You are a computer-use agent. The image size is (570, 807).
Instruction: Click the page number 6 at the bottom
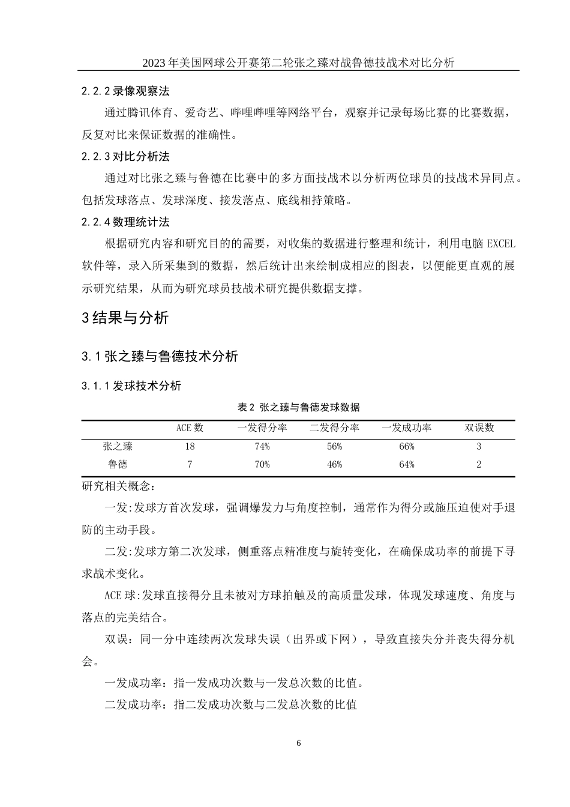click(x=299, y=743)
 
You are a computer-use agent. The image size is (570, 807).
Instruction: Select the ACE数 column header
click(x=190, y=428)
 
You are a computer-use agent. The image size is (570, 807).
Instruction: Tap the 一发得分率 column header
click(x=262, y=428)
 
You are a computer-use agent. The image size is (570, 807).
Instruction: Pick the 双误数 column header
click(x=479, y=428)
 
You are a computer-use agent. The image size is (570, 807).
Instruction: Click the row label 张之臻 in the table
click(x=118, y=446)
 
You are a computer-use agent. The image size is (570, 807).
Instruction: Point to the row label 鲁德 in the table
click(x=118, y=464)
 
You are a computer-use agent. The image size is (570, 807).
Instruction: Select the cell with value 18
click(x=190, y=446)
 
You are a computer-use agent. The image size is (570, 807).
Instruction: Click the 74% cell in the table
click(x=262, y=446)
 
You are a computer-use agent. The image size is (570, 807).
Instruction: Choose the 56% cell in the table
click(x=334, y=446)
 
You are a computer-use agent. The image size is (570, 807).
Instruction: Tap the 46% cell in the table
click(x=334, y=464)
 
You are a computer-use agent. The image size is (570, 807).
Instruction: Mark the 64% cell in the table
click(x=406, y=464)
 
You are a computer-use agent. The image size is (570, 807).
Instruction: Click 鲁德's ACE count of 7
click(x=190, y=464)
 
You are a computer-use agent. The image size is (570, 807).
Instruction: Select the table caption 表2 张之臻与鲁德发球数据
click(x=298, y=408)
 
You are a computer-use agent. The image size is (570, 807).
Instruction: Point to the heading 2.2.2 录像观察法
click(x=125, y=91)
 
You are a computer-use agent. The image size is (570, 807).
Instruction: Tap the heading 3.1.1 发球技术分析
click(x=131, y=386)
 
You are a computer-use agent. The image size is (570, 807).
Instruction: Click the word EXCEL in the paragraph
click(x=500, y=244)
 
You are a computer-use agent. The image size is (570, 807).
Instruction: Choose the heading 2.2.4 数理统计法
click(x=125, y=222)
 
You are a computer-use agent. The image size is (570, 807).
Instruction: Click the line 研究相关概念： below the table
click(x=118, y=485)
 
